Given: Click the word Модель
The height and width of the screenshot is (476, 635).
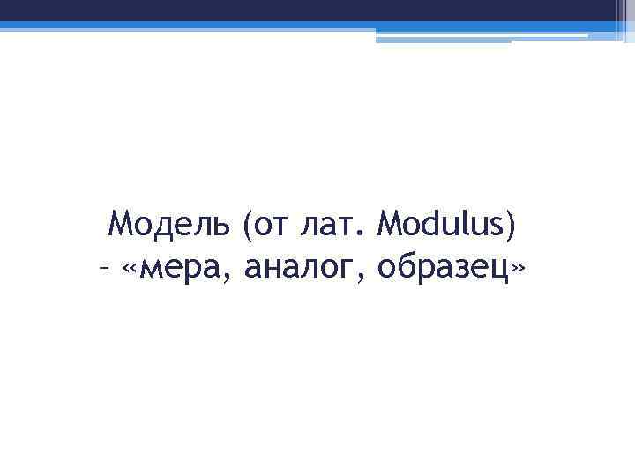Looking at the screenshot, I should pyautogui.click(x=168, y=227).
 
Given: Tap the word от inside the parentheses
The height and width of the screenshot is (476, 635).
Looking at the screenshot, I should pyautogui.click(x=268, y=227).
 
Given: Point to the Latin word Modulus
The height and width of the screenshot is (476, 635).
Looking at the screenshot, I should pyautogui.click(x=441, y=227).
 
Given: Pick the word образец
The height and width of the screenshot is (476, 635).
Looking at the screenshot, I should pyautogui.click(x=445, y=269).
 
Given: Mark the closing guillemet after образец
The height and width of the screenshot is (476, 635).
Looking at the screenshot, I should pyautogui.click(x=521, y=269).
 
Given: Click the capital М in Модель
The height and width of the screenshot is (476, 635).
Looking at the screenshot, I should pyautogui.click(x=120, y=227).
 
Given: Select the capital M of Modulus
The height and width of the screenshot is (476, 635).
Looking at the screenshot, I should pyautogui.click(x=389, y=227).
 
